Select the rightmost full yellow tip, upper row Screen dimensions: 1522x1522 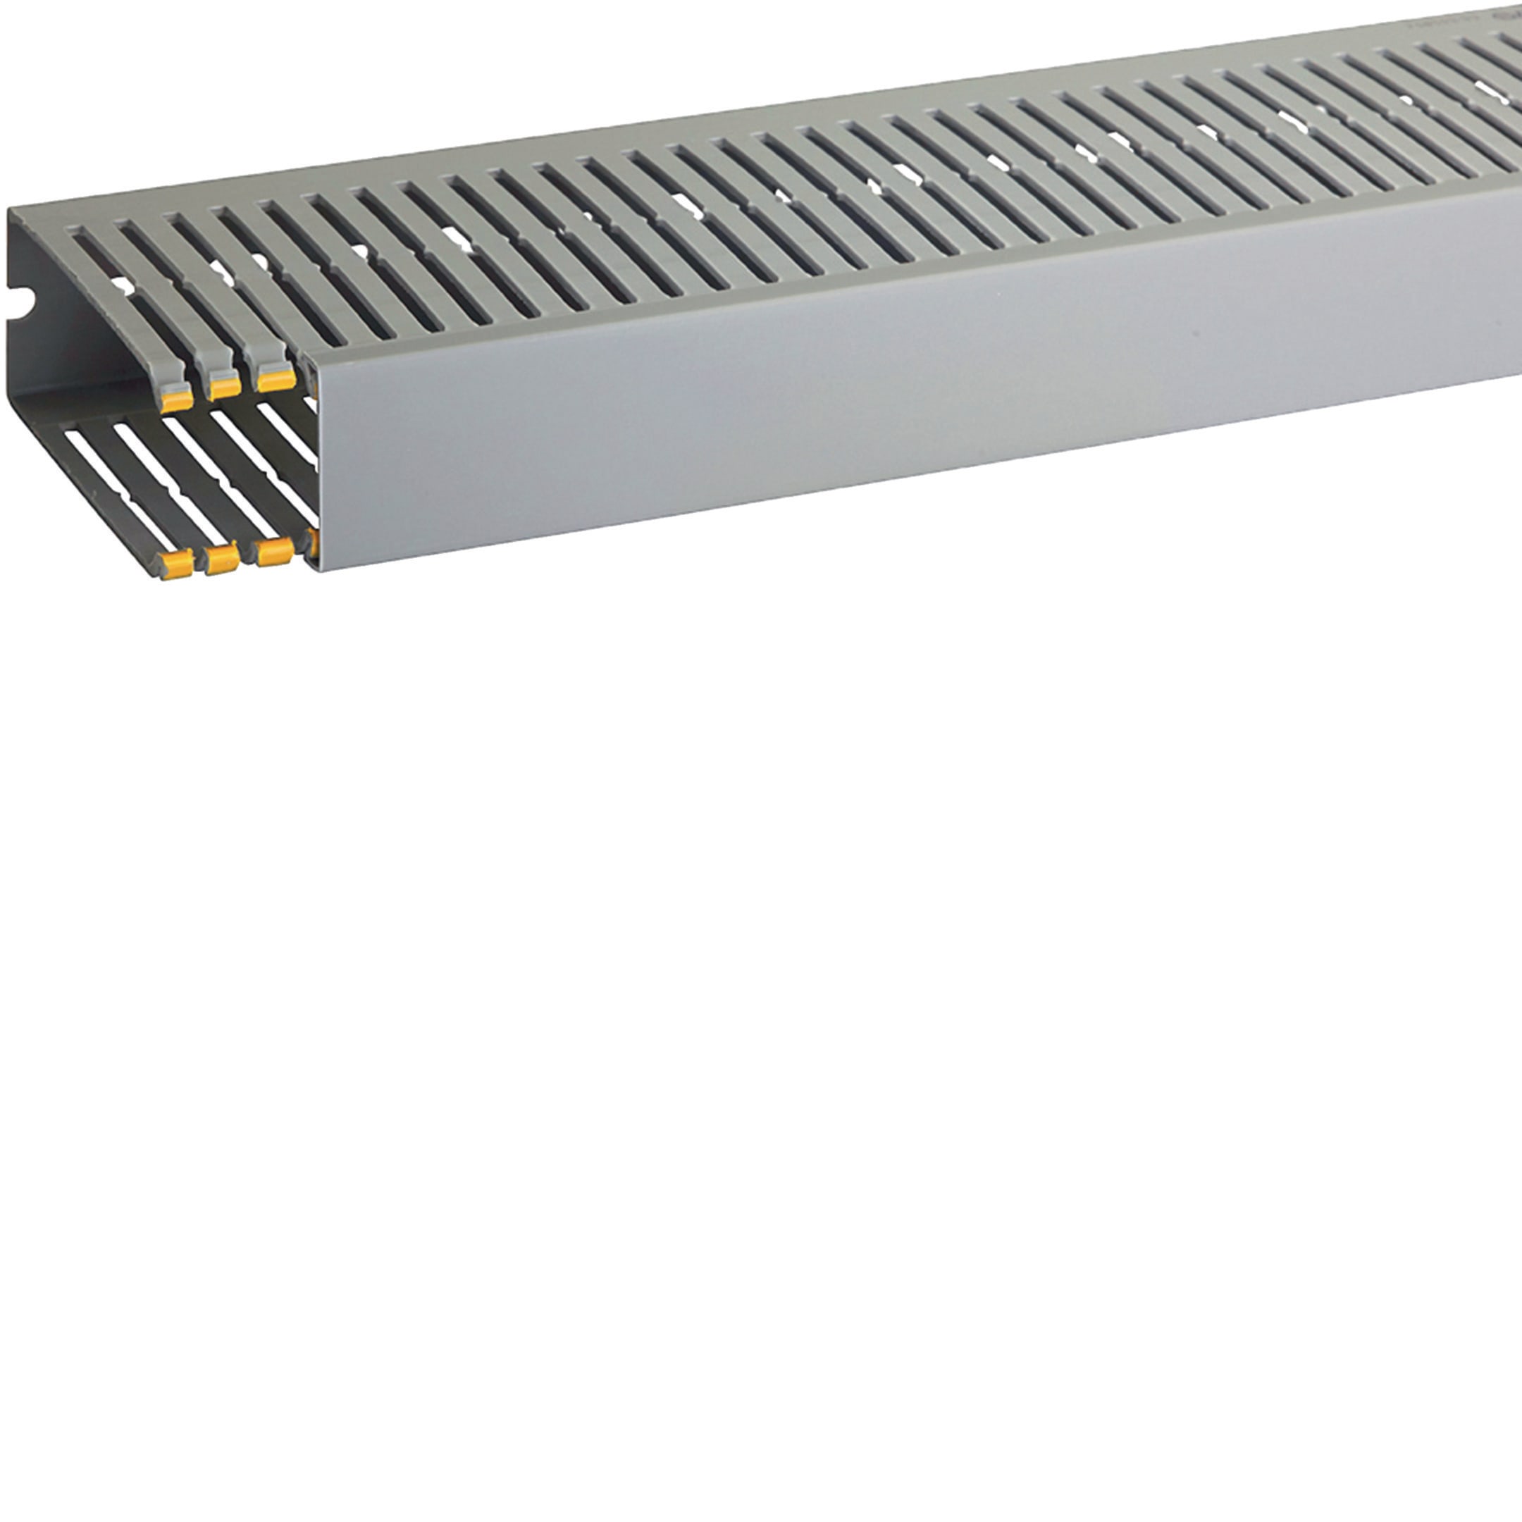point(276,380)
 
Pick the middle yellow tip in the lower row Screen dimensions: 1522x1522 point(223,559)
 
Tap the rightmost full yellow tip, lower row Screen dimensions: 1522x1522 point(275,552)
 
